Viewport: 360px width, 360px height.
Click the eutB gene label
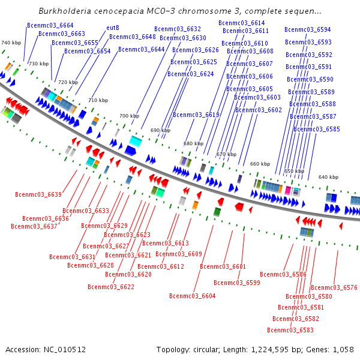[113, 28]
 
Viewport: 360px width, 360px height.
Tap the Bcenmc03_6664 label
[50, 25]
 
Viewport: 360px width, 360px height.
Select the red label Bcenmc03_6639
[38, 194]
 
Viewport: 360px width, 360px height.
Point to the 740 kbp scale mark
[11, 43]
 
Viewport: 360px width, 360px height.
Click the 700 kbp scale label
[129, 116]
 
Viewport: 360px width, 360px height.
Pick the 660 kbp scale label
[260, 164]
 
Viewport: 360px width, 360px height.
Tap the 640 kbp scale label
[328, 177]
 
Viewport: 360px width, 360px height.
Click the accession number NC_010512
[65, 350]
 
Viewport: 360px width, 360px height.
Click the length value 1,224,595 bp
[270, 350]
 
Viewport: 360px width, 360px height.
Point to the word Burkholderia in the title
[65, 11]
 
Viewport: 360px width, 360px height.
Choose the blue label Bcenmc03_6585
[317, 129]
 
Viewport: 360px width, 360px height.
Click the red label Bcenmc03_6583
[290, 330]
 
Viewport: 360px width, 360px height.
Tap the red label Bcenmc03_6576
[334, 287]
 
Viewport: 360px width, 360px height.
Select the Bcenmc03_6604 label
[193, 296]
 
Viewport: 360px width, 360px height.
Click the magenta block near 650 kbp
[287, 191]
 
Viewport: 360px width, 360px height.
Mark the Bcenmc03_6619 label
[196, 115]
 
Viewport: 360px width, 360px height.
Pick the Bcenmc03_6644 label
[142, 50]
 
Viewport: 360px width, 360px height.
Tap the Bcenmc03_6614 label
[242, 23]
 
